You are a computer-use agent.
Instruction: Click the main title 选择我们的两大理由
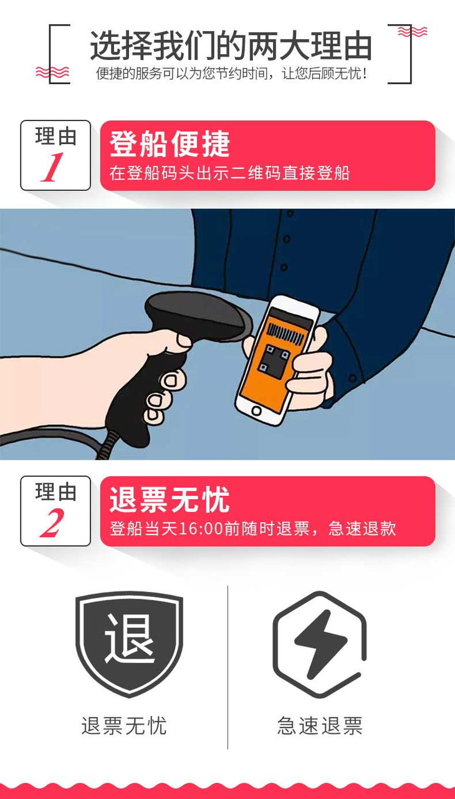tap(231, 46)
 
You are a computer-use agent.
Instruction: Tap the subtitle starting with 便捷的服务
tap(231, 74)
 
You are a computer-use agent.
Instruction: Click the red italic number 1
tap(52, 167)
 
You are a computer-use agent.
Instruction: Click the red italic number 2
tap(52, 523)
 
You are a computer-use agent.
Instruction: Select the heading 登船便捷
tap(170, 143)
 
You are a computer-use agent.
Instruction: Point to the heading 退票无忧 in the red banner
tap(170, 500)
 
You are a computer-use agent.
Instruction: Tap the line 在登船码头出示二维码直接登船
tap(229, 173)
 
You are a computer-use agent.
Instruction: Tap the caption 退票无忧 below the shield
tap(124, 725)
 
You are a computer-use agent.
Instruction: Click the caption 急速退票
tap(320, 725)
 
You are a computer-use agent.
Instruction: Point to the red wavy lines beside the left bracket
tap(52, 72)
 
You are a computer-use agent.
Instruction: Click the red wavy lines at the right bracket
tap(412, 31)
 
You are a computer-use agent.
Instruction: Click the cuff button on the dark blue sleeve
tap(352, 378)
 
